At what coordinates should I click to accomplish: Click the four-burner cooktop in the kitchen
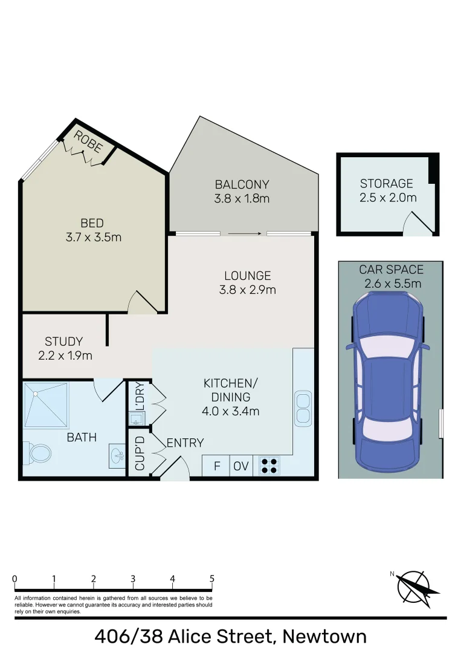click(269, 466)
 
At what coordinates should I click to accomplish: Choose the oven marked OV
click(240, 466)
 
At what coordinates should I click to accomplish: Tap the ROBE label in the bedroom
click(88, 143)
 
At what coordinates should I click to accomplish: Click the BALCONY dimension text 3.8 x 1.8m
click(242, 198)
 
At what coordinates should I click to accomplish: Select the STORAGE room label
click(387, 183)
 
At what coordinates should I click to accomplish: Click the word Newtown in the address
click(324, 636)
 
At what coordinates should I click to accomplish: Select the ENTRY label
click(185, 443)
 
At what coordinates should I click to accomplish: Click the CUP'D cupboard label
click(140, 453)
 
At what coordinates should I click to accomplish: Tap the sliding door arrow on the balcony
click(245, 233)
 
